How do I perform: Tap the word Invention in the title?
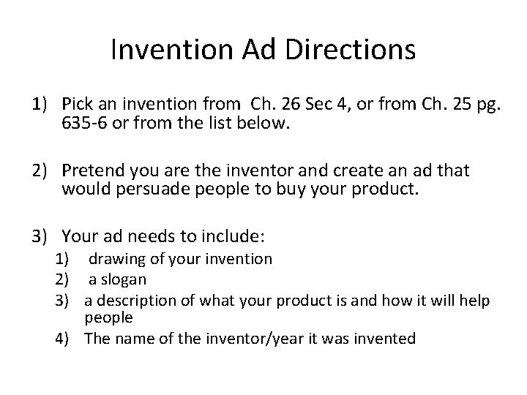click(x=169, y=50)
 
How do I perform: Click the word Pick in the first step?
click(x=78, y=106)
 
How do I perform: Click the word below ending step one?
click(x=269, y=124)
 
